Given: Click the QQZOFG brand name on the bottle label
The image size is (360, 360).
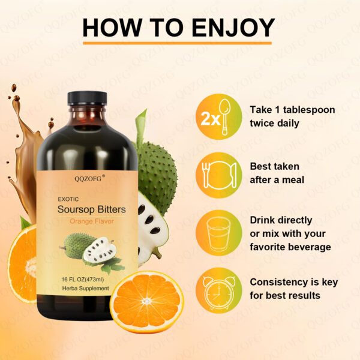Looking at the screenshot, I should point(89,178).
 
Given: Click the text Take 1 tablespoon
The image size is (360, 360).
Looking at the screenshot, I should point(292,110).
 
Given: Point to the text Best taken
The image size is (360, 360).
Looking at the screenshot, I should point(274,166).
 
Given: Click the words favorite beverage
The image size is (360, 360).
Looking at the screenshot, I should point(290,246).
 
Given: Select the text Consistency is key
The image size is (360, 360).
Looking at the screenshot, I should point(293,282).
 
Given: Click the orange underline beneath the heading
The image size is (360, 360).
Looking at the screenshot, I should point(178,43).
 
